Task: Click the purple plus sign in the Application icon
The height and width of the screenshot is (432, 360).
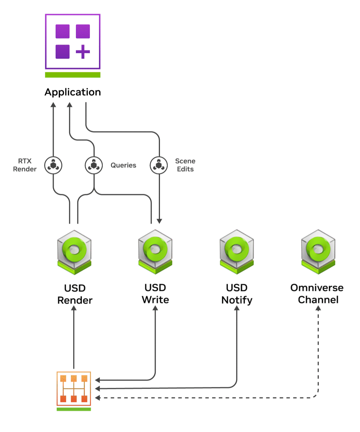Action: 83,52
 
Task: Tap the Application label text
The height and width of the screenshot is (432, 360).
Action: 73,92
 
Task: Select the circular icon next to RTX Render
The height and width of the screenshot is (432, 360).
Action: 53,165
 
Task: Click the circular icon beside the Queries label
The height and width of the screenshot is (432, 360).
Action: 94,165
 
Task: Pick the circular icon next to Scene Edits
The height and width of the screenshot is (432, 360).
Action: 159,165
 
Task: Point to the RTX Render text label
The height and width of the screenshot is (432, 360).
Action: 25,165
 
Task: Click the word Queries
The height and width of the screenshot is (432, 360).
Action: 123,165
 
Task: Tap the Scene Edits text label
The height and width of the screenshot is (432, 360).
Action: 185,165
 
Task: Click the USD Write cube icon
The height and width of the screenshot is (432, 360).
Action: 155,252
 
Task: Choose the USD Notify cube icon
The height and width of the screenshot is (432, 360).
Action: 237,252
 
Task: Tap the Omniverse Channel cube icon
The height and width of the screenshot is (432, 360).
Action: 318,252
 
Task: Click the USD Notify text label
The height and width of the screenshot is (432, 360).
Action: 237,294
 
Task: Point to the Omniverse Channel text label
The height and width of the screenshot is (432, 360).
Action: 317,294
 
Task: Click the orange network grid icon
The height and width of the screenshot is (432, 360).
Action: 74,388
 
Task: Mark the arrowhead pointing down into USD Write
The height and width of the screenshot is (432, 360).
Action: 159,221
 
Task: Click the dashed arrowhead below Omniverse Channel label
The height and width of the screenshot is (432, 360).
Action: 318,308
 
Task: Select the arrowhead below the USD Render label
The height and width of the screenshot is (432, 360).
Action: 74,308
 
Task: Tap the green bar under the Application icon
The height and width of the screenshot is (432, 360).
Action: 73,75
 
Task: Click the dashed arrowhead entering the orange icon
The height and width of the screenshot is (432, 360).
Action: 97,398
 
